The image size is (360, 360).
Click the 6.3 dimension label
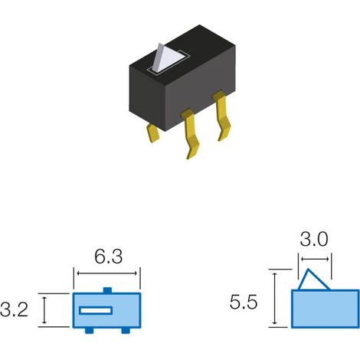coord(109,257)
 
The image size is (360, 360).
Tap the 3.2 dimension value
coord(14,309)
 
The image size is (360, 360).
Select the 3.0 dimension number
coord(314,240)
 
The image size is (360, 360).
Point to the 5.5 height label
coord(244,303)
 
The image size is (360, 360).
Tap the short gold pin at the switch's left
coord(152,133)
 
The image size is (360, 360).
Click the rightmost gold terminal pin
coord(222,115)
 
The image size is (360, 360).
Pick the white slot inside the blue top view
coord(96,310)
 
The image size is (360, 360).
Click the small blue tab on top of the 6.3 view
coord(107,290)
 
